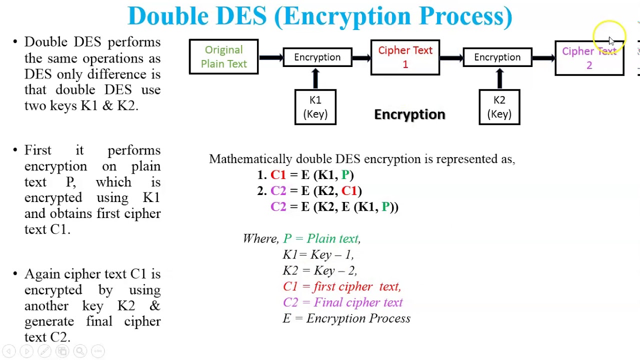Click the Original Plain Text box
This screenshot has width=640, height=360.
click(x=223, y=57)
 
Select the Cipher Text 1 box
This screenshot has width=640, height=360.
click(x=405, y=57)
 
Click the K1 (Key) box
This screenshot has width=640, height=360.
click(x=315, y=107)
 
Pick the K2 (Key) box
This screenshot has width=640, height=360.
click(x=499, y=107)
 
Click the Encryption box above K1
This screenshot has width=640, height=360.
click(x=317, y=57)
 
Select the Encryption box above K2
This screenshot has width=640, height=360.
click(x=497, y=57)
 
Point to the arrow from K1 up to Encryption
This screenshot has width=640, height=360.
click(x=315, y=78)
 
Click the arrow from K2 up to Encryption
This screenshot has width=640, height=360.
click(x=499, y=78)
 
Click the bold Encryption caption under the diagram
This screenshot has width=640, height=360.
click(x=409, y=114)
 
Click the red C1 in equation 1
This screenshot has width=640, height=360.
click(x=277, y=175)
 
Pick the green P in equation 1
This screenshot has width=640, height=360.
click(x=345, y=175)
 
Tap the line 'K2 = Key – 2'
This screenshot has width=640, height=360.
click(x=319, y=270)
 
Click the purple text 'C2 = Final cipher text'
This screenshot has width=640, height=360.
click(x=342, y=302)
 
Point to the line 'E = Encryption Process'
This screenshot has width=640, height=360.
click(x=346, y=318)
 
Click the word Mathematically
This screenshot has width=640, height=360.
click(x=250, y=159)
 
